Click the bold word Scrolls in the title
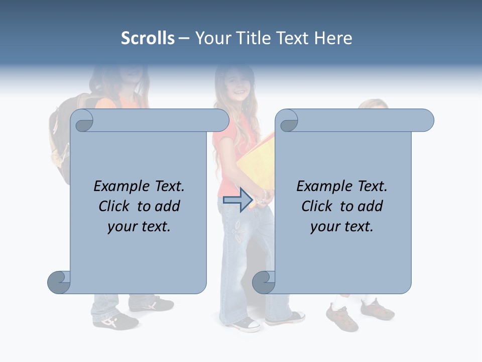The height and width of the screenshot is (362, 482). (x=148, y=38)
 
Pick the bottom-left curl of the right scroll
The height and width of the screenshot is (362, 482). (x=264, y=282)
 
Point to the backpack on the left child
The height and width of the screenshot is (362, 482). (x=61, y=136)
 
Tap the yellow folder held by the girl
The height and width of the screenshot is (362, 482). (x=254, y=161)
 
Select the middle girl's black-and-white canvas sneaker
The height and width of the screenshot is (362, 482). (x=246, y=324)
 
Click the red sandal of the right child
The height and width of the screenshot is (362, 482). (x=342, y=317)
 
